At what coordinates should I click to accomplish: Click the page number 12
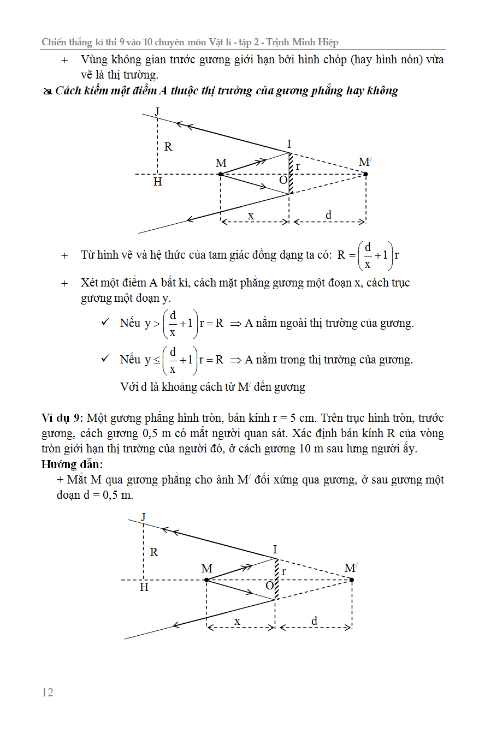coord(48,693)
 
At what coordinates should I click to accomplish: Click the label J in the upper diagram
coord(157,112)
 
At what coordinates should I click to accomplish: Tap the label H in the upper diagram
coord(158,182)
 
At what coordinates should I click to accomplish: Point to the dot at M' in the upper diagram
coord(365,174)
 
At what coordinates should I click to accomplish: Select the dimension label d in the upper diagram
coord(328,215)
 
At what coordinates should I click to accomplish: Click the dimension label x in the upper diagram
coord(251,215)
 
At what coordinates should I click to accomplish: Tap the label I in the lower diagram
coord(275,550)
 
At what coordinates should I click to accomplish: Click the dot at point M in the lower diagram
coord(206,580)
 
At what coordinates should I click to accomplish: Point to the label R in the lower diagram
coord(154,552)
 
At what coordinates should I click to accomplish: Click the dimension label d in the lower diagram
coord(315,621)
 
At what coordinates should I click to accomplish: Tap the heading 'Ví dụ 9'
coord(61,419)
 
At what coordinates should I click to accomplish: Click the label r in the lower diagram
coord(284,571)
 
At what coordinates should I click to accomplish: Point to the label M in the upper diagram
coord(221,163)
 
